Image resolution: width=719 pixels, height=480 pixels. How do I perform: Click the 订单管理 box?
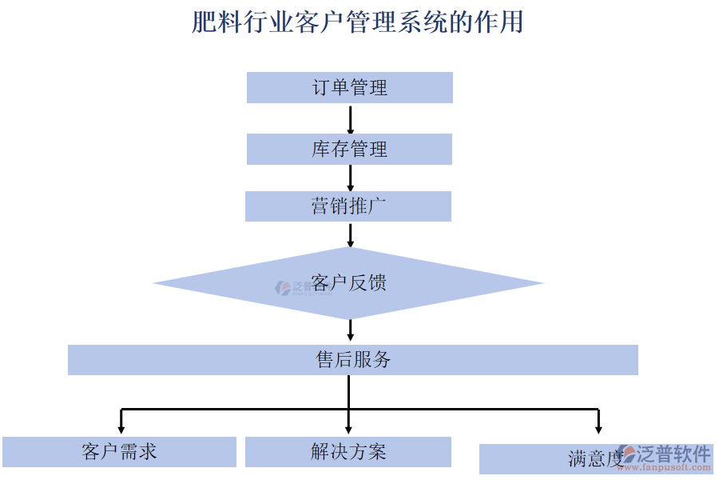click(349, 87)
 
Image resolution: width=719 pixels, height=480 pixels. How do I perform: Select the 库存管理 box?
click(349, 149)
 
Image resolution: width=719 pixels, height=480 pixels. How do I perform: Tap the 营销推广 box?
click(348, 206)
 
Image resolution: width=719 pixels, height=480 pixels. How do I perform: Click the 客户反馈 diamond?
click(349, 283)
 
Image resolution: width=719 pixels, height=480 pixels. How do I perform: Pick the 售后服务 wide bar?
click(352, 360)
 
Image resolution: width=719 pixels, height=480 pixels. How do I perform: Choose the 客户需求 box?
click(119, 452)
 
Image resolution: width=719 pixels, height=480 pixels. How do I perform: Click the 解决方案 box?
click(348, 452)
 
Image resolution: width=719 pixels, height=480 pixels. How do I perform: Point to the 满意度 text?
click(594, 459)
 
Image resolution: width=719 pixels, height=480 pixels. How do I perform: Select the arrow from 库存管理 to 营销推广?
click(350, 178)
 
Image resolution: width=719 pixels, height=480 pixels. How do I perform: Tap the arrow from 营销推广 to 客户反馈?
click(350, 234)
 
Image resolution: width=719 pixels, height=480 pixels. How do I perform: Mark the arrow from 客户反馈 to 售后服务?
click(350, 330)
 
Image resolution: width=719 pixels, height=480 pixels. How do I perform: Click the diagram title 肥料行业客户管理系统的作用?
click(357, 22)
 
